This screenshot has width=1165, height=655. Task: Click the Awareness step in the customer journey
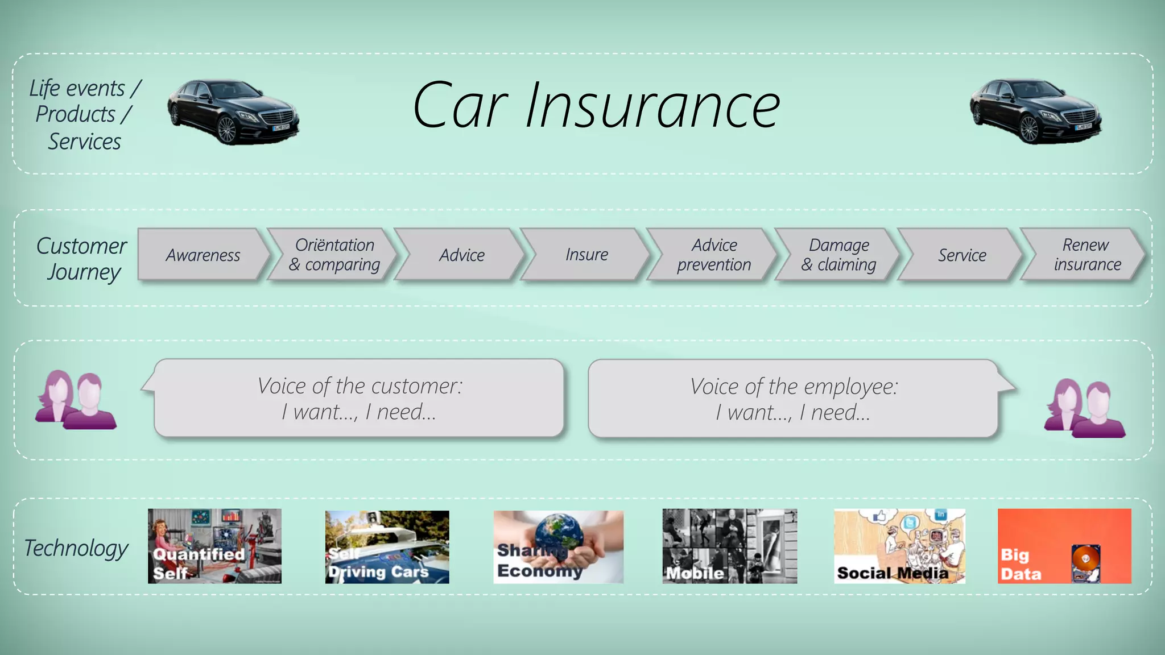[x=203, y=255]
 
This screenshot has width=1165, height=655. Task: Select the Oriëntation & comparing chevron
[x=334, y=255]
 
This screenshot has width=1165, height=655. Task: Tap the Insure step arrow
[x=586, y=255]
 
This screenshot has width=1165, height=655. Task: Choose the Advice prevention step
[x=714, y=255]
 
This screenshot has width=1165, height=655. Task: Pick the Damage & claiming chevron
[x=838, y=255]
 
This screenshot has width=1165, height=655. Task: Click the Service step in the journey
[x=962, y=255]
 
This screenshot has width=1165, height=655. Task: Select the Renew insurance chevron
[x=1086, y=255]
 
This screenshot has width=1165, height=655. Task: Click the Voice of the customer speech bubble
[x=360, y=398]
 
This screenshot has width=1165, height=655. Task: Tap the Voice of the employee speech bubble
[x=794, y=399]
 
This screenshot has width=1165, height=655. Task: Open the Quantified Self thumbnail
[x=214, y=546]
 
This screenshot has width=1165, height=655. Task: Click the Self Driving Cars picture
[x=387, y=546]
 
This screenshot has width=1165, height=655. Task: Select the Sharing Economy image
[x=558, y=546]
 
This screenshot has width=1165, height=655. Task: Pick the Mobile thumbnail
[x=729, y=546]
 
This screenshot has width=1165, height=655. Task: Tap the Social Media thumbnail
[x=899, y=546]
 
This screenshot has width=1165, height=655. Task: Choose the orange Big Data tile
[x=1064, y=546]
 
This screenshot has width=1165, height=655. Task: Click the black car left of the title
[x=233, y=111]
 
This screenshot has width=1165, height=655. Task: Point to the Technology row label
[x=76, y=548]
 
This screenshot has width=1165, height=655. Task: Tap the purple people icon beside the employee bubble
[x=1084, y=408]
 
